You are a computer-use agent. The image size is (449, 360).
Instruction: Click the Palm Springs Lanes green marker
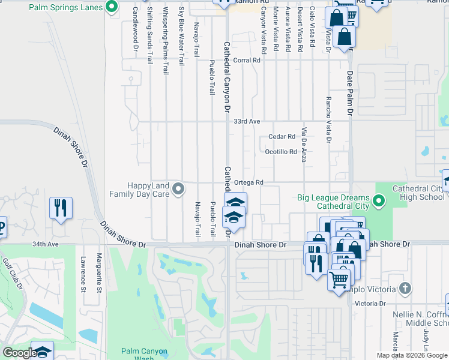pyautogui.click(x=111, y=7)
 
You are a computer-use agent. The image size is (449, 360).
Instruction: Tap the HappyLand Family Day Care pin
pyautogui.click(x=178, y=190)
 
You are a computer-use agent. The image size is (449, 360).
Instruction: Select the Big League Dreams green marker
pyautogui.click(x=379, y=200)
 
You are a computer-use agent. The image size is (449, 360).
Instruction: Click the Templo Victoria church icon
pyautogui.click(x=405, y=289)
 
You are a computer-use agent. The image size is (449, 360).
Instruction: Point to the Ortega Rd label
pyautogui.click(x=249, y=182)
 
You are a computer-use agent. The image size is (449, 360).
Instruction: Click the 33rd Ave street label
pyautogui.click(x=247, y=121)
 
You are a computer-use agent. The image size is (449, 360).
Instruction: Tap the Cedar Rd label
pyautogui.click(x=282, y=137)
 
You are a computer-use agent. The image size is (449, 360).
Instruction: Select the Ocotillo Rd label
pyautogui.click(x=281, y=152)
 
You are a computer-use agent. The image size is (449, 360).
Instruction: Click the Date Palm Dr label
pyautogui.click(x=350, y=92)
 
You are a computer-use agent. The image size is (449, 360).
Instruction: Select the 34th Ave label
pyautogui.click(x=46, y=245)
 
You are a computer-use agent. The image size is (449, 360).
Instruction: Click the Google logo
pyautogui.click(x=19, y=353)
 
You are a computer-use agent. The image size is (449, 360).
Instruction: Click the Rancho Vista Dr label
pyautogui.click(x=328, y=121)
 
